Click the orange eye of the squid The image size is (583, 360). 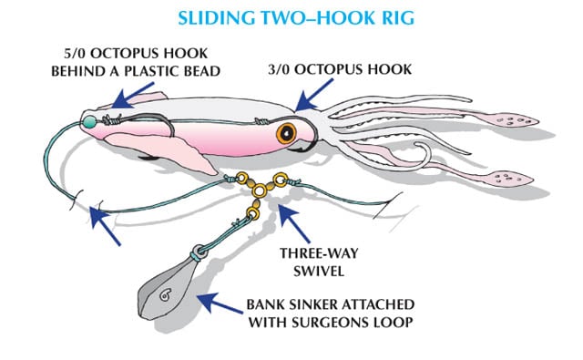290,133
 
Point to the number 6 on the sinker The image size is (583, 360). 165,293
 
